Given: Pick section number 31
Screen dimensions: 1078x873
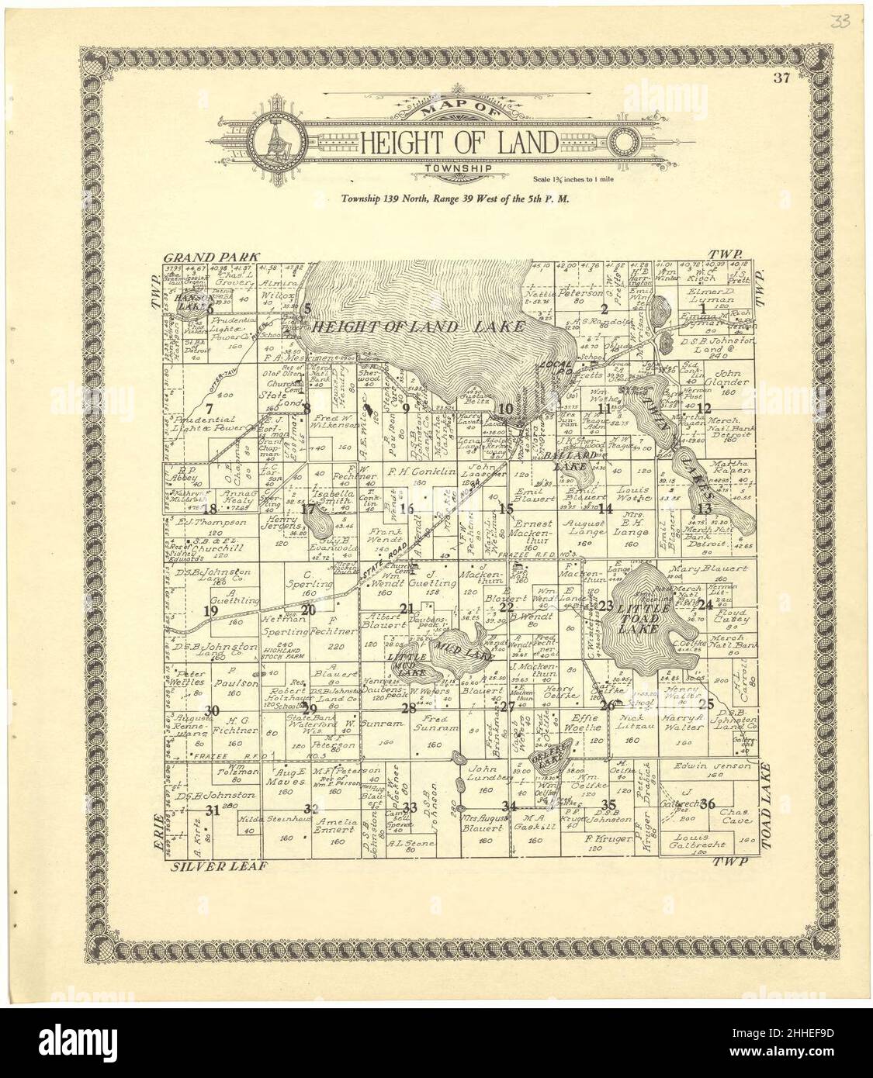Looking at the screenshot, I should click(x=213, y=810).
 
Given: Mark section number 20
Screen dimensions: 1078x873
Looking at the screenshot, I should click(x=309, y=610).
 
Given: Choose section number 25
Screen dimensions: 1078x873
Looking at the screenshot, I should click(x=705, y=704).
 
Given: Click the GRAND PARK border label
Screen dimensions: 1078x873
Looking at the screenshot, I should click(x=210, y=256).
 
